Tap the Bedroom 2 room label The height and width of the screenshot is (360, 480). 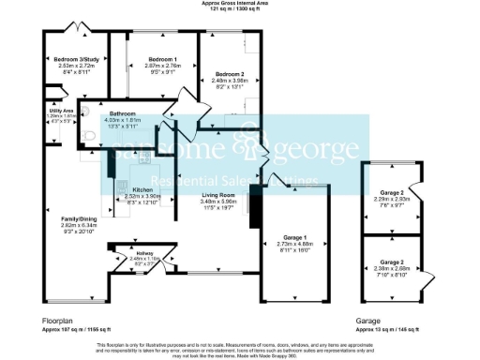click(x=230, y=73)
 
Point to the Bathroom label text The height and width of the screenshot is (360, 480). click(x=124, y=113)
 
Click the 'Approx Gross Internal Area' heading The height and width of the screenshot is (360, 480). click(x=240, y=4)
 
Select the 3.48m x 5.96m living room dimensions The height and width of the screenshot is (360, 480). click(x=220, y=202)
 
